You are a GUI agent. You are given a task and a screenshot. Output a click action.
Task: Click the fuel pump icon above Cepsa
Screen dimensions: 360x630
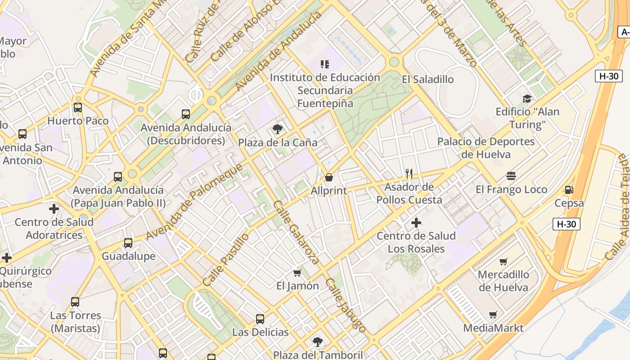[569, 190]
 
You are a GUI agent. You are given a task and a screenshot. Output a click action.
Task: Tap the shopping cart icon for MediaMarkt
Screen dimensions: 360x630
[493, 315]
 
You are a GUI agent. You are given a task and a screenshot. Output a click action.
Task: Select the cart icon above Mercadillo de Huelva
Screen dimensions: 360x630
[504, 261]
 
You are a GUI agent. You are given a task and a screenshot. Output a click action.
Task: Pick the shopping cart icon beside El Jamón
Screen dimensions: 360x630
[297, 273]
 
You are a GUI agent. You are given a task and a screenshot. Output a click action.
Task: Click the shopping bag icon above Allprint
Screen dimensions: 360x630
[329, 177]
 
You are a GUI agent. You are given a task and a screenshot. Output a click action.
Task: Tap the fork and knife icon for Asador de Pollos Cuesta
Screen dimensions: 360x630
[409, 173]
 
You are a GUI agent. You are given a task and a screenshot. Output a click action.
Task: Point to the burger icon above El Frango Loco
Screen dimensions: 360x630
[511, 176]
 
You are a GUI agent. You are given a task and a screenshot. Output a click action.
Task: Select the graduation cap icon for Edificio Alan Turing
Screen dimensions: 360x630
[527, 99]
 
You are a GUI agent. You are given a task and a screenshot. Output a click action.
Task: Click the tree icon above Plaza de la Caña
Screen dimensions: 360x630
[278, 130]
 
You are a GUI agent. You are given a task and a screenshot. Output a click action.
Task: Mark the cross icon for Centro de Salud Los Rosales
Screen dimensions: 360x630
[416, 222]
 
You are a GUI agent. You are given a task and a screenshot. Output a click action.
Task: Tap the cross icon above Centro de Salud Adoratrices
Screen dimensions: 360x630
[54, 209]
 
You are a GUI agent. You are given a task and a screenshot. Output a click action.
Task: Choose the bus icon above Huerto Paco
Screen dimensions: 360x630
[78, 108]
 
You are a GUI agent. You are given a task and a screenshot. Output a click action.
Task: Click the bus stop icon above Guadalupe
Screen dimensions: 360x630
[128, 243]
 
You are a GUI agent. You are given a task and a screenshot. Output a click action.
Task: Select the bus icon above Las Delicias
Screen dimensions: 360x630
[260, 319]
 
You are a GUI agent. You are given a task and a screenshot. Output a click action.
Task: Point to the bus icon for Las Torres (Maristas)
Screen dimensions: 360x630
[75, 302]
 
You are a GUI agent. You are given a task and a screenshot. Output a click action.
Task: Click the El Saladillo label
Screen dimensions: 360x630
[427, 80]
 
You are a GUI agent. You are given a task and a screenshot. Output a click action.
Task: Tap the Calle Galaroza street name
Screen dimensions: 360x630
[297, 231]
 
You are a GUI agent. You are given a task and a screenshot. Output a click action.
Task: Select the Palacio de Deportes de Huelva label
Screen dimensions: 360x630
[486, 148]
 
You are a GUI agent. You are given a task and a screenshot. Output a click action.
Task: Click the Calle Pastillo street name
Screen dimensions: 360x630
[225, 260]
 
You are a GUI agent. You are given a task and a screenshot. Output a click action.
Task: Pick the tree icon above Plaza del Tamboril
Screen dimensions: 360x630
[318, 342]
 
